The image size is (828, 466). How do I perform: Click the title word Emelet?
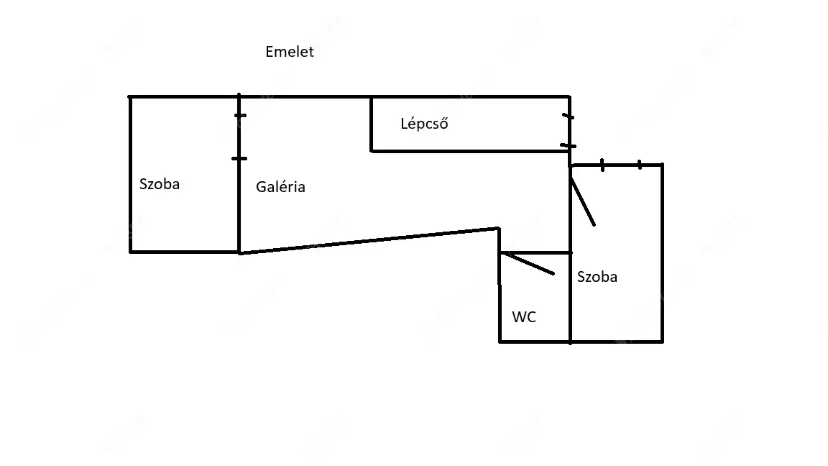tap(290, 52)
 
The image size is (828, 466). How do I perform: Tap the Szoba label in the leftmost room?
tap(160, 184)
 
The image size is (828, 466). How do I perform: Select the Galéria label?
tap(280, 187)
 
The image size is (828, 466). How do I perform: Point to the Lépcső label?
tap(424, 124)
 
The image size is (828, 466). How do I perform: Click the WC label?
tap(524, 316)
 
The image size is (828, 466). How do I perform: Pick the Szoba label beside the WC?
tap(597, 277)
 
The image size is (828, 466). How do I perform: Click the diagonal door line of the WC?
tap(528, 263)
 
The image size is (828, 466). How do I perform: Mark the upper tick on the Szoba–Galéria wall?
tap(240, 115)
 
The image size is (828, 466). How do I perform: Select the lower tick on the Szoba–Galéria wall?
tap(239, 158)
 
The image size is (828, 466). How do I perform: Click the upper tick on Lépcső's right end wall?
tap(569, 116)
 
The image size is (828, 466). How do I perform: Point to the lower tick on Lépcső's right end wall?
tap(569, 146)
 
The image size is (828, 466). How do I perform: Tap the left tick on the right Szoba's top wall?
tap(602, 165)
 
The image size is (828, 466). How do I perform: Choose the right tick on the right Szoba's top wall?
tap(640, 165)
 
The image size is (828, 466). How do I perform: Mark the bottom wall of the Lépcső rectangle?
tap(467, 150)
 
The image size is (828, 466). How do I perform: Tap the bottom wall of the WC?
tap(535, 341)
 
